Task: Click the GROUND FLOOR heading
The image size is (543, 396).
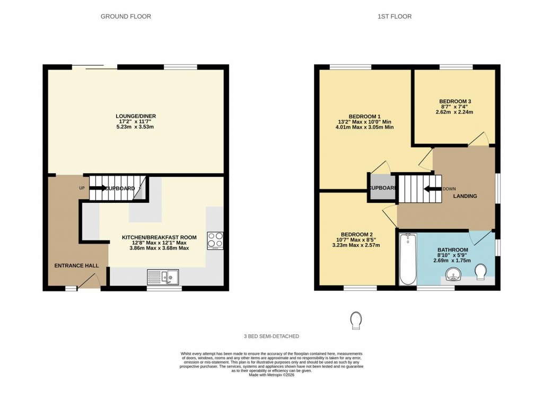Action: (x=126, y=16)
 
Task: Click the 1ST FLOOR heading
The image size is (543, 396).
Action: (x=395, y=16)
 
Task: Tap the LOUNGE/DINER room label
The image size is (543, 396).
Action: (x=136, y=116)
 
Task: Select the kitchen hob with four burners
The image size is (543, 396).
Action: (x=215, y=240)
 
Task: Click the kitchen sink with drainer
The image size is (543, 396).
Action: (x=164, y=277)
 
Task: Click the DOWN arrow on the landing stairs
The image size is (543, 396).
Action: (x=432, y=188)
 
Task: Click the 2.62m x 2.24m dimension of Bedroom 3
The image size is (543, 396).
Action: (x=454, y=112)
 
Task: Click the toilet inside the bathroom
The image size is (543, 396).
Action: (x=481, y=272)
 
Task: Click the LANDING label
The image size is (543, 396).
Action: (x=465, y=196)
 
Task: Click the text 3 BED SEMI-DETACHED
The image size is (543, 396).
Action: (x=271, y=337)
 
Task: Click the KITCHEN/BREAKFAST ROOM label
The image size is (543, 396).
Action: (x=159, y=237)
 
